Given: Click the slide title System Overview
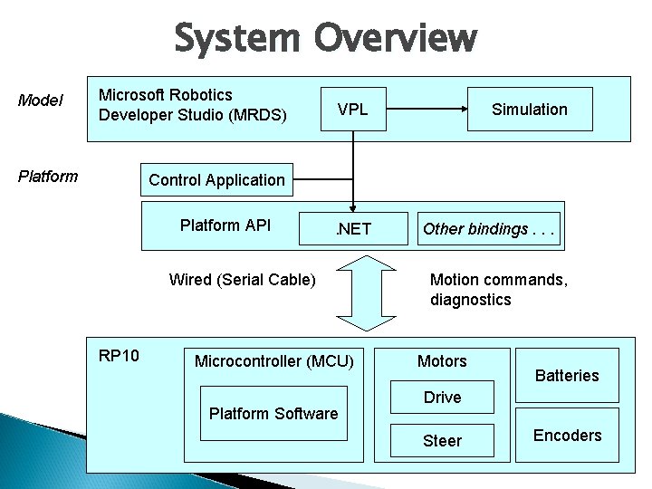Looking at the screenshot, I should click(325, 38).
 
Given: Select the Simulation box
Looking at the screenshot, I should click(529, 110).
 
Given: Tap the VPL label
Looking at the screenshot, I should click(352, 110).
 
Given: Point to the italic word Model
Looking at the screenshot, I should click(41, 101).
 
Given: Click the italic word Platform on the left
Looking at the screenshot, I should click(48, 176).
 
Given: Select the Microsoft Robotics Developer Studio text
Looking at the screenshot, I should click(192, 105).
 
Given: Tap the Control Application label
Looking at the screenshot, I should click(216, 180).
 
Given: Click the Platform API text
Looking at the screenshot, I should click(225, 225).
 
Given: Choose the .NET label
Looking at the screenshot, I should click(353, 229).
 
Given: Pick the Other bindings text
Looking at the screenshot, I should click(489, 229).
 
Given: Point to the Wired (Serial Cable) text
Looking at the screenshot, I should click(243, 280).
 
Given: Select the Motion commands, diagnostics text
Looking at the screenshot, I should click(499, 289).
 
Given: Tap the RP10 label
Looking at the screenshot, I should click(119, 355).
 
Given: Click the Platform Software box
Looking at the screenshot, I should click(273, 415).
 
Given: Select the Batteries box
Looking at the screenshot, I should click(567, 375).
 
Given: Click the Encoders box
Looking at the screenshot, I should click(567, 436).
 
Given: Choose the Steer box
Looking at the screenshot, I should click(442, 441).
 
